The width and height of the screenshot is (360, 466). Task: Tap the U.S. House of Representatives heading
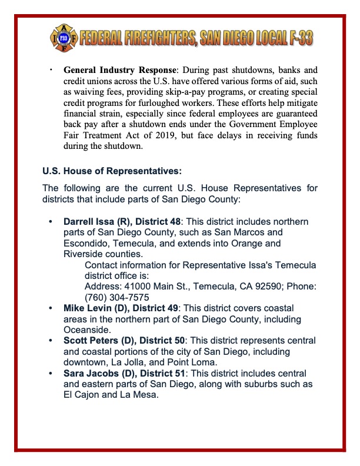point(112,172)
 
